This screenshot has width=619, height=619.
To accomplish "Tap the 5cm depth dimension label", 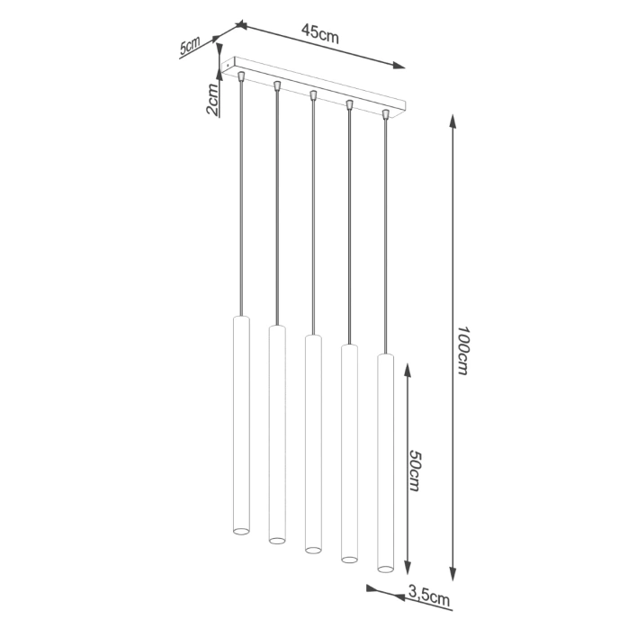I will (190, 47).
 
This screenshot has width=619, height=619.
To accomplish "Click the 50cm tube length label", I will (415, 469).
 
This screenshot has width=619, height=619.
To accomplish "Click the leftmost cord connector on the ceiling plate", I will (240, 76).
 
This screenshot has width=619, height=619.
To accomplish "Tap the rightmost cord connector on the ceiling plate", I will (386, 114).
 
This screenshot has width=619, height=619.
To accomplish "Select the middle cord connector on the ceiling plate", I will (313, 94).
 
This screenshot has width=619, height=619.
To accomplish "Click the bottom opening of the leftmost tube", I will (240, 532).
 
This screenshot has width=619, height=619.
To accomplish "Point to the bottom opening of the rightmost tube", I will (386, 568).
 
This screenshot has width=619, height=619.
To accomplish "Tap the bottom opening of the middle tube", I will (313, 549).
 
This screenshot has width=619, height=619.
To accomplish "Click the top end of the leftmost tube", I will (240, 317).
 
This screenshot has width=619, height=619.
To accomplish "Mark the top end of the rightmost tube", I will (386, 356).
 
